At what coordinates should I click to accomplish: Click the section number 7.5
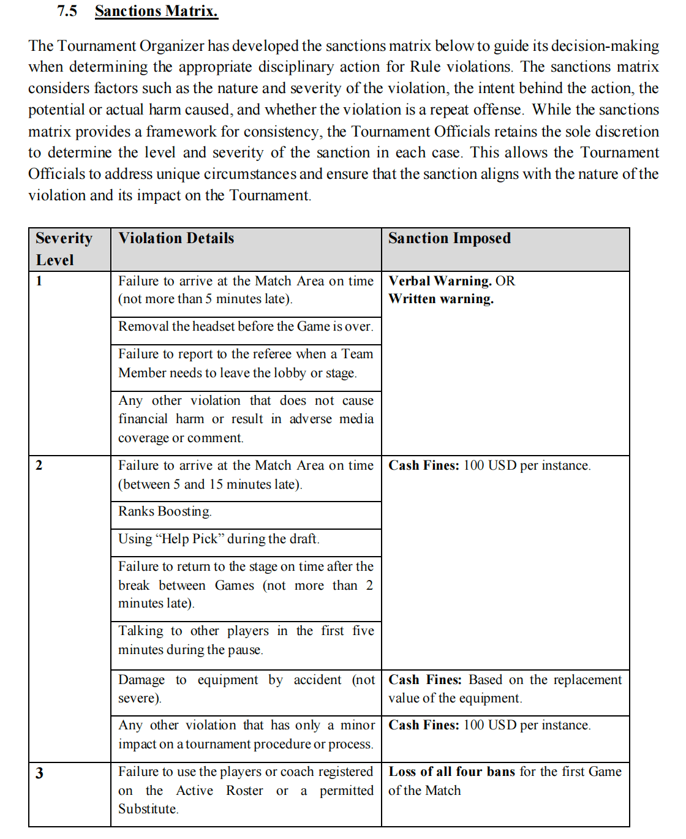click(67, 11)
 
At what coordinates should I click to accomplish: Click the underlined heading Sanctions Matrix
click(156, 11)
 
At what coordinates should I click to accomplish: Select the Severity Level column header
click(64, 249)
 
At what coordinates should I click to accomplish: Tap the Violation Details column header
click(176, 238)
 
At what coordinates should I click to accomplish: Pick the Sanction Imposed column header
click(449, 238)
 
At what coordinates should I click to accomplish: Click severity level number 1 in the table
click(39, 281)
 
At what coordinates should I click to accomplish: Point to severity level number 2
click(39, 465)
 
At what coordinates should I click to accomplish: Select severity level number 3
click(39, 773)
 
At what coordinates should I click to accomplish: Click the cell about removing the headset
click(246, 326)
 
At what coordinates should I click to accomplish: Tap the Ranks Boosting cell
click(165, 511)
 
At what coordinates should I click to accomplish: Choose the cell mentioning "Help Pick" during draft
click(219, 539)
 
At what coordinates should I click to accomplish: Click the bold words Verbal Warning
click(440, 281)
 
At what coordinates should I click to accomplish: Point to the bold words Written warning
click(441, 299)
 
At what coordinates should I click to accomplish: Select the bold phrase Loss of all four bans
click(451, 772)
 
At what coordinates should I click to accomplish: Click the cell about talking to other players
click(246, 640)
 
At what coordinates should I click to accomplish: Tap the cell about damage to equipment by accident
click(246, 689)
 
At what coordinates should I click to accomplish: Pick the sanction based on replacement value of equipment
click(505, 689)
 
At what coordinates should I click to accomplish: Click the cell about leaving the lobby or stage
click(246, 363)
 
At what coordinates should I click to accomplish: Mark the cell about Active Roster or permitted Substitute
click(246, 790)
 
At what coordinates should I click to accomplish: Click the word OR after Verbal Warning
click(505, 281)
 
